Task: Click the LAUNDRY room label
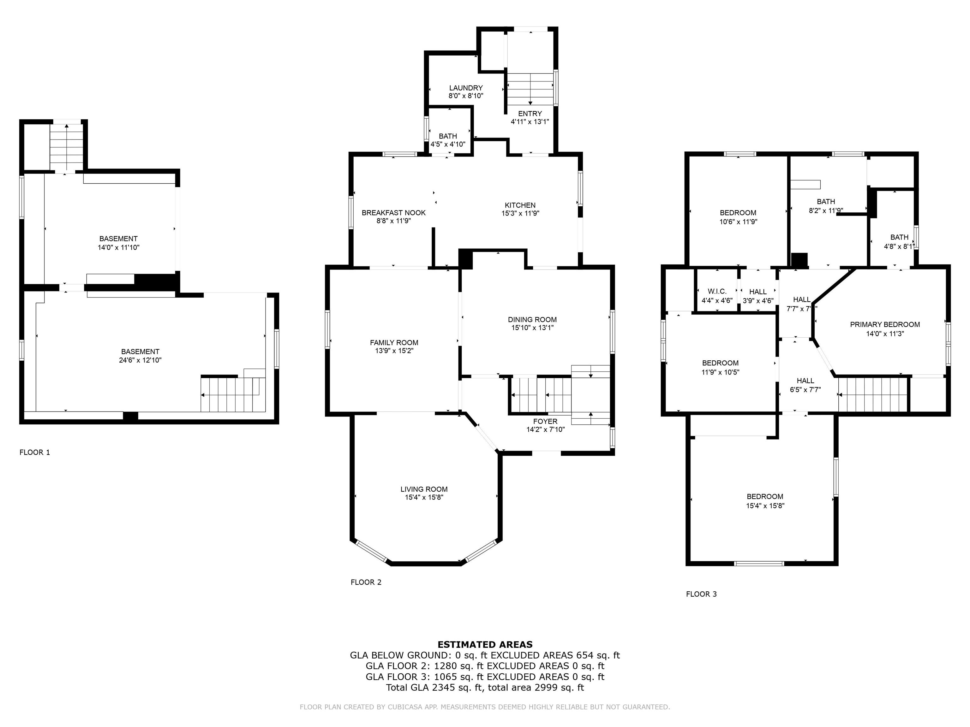[466, 88]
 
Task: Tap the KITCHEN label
[520, 205]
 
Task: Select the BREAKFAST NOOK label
[393, 213]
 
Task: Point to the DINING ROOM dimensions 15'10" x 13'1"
[532, 328]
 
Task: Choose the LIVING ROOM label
[424, 489]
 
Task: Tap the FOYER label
[546, 422]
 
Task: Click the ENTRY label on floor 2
[530, 114]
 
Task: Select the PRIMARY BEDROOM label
[885, 325]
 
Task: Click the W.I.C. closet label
[717, 292]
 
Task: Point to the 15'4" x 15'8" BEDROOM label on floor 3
[765, 496]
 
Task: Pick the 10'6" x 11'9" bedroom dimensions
[738, 222]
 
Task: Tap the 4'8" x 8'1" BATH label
[899, 237]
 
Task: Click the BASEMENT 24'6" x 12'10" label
[140, 352]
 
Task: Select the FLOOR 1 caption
[35, 452]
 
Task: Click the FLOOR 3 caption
[701, 594]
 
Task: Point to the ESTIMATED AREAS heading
[485, 645]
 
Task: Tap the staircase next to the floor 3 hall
[873, 395]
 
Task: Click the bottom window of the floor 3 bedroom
[759, 564]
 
